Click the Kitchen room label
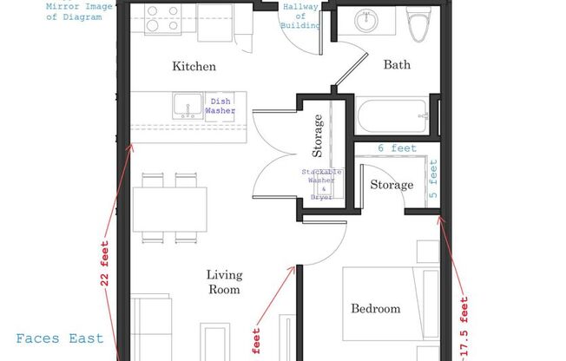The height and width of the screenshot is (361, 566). tap(194, 67)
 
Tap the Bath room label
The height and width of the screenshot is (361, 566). tap(397, 65)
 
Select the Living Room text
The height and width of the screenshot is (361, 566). tap(223, 282)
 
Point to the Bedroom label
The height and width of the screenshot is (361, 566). tap(375, 308)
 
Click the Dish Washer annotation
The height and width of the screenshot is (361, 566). tap(219, 105)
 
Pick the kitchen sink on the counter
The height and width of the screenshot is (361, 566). tap(186, 107)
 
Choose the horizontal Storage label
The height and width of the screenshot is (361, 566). tap(392, 185)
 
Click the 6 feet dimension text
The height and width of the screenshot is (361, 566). tap(397, 148)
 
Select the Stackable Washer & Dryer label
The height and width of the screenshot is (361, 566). tap(321, 185)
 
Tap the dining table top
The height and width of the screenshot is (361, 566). tap(169, 209)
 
